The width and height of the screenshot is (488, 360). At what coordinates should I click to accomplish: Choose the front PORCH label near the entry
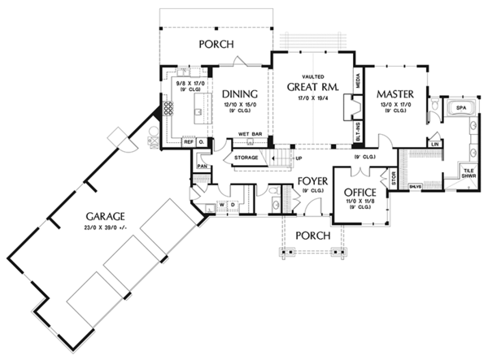click(313, 236)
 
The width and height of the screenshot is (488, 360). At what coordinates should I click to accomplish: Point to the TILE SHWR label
click(468, 174)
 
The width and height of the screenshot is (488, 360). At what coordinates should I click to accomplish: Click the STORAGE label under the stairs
click(246, 156)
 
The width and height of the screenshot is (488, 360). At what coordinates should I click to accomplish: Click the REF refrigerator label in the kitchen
click(188, 142)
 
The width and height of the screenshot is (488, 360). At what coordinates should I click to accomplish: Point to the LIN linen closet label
click(436, 144)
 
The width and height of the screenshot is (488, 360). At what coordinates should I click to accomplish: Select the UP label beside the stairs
click(298, 158)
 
